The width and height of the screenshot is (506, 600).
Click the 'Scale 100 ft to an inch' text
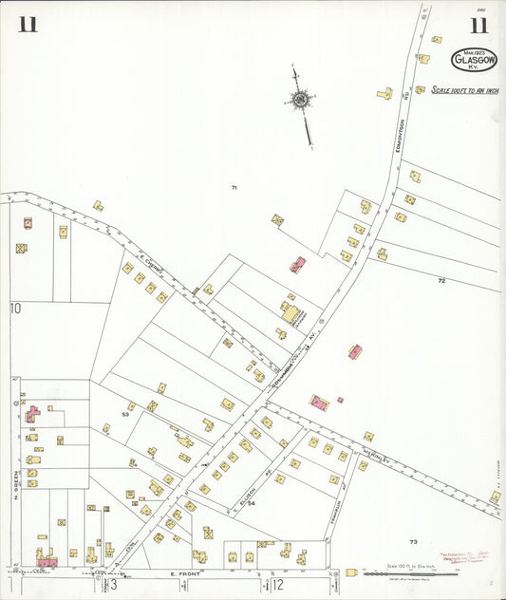tap(464, 90)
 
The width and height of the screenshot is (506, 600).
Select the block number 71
tap(234, 188)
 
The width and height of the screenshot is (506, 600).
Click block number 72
tap(440, 281)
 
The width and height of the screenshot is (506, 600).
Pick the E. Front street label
tap(185, 574)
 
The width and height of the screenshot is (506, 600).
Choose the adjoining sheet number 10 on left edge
tap(15, 308)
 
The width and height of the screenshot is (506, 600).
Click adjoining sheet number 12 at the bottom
tap(278, 584)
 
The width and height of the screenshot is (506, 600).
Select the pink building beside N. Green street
tap(32, 415)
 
